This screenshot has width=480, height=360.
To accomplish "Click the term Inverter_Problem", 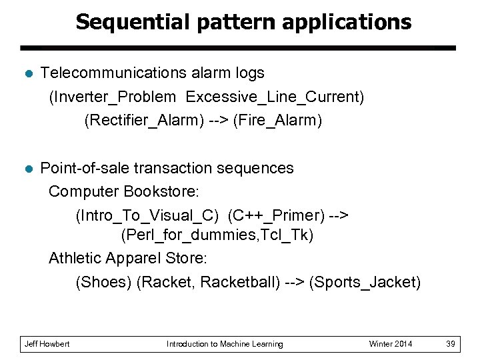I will point(113,97).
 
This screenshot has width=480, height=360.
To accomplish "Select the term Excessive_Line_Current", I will point(273,97).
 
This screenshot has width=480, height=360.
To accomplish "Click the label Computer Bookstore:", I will point(124,192).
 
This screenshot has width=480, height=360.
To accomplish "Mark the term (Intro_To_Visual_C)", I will point(147,215).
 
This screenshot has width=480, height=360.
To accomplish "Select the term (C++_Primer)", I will point(276,215).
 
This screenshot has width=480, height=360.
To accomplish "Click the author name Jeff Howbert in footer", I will point(47,344).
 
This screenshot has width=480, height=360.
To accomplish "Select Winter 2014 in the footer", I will point(391,344).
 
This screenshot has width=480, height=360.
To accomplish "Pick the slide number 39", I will point(451,344).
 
